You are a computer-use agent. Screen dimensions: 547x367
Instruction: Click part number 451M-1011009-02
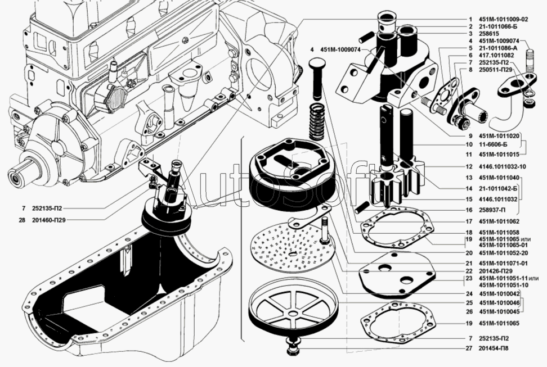point(504,19)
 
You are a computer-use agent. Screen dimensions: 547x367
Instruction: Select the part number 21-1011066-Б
point(498,26)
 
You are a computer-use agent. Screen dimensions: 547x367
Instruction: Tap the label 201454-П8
point(494,348)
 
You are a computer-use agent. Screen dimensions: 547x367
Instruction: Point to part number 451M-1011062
point(499,221)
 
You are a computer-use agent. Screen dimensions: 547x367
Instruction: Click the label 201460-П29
point(49,220)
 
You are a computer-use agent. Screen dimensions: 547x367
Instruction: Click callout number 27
point(470,348)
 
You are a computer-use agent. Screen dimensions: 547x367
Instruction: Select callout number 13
point(469,178)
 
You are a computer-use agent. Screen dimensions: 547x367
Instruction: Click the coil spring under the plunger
point(317,121)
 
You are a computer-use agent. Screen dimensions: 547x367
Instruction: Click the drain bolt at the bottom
point(292,346)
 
